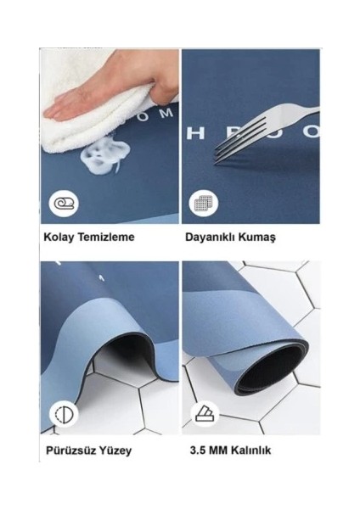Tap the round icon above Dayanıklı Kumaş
click(x=203, y=204)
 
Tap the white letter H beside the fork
click(x=191, y=131)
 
